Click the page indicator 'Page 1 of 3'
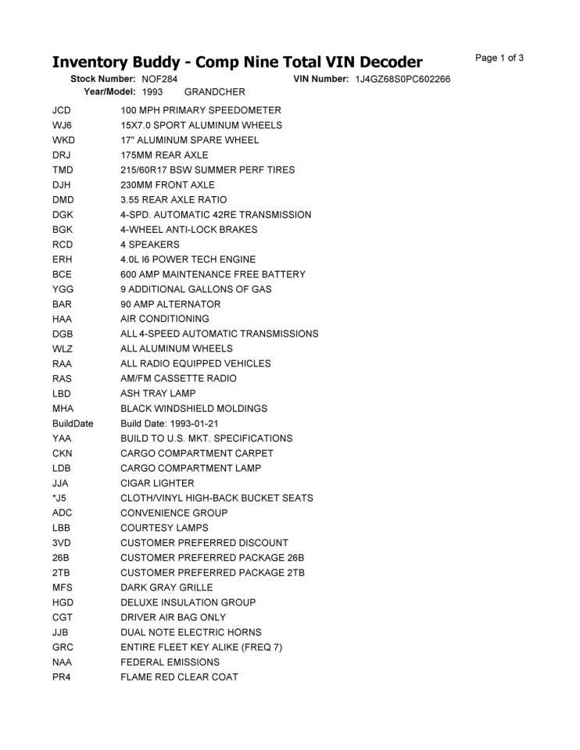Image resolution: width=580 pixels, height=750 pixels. click(499, 58)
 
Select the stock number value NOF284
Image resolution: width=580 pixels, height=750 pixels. click(159, 80)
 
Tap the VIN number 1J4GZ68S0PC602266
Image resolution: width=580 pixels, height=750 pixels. click(403, 80)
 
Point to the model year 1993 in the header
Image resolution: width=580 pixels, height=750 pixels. click(152, 92)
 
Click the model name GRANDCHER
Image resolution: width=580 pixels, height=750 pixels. click(215, 92)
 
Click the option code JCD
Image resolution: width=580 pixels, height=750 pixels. click(63, 111)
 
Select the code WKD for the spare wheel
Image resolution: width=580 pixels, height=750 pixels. click(63, 141)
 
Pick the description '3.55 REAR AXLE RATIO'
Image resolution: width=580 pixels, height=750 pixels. click(174, 200)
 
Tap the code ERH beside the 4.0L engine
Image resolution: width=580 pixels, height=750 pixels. click(63, 259)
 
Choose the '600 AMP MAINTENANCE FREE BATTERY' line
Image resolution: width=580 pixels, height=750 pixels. click(213, 274)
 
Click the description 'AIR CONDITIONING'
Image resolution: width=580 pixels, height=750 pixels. click(165, 319)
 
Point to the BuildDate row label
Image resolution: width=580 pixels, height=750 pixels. click(73, 423)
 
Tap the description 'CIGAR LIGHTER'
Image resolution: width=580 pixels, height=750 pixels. click(157, 483)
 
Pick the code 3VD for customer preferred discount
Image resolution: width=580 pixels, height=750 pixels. click(62, 542)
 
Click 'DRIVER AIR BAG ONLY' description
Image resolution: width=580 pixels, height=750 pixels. click(173, 617)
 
